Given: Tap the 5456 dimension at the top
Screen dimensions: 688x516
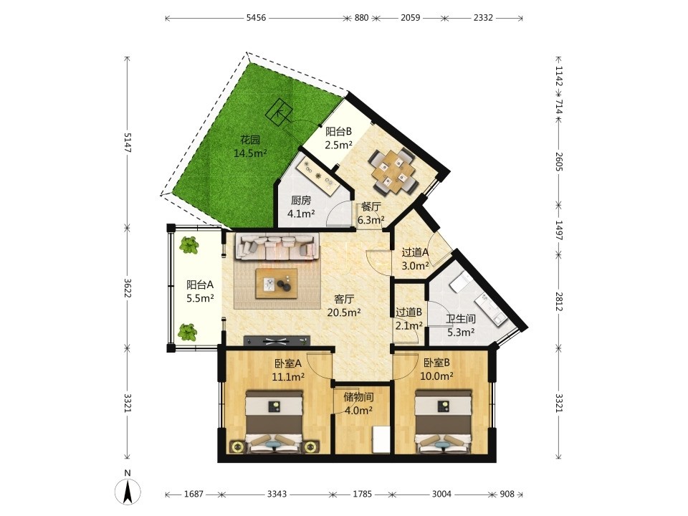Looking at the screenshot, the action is coord(256,18).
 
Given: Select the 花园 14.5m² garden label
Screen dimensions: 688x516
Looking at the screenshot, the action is coord(251,146).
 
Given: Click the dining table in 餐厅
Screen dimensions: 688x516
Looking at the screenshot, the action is coord(393,171).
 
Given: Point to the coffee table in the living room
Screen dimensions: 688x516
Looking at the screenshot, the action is coord(277,284).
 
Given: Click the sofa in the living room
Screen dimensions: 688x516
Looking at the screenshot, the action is coord(276,246).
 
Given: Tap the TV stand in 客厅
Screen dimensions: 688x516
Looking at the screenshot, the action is coord(277,340).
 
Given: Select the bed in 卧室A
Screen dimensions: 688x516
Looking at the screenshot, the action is coord(274,421).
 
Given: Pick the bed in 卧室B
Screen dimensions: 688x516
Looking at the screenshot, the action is coord(444,421).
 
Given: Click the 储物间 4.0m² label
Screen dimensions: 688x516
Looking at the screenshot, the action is coord(358,403).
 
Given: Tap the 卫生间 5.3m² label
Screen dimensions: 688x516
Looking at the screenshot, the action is coord(461,325).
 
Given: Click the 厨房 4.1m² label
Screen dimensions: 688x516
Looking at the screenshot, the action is coord(301,207).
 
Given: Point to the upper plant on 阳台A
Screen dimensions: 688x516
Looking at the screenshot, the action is coord(188,245).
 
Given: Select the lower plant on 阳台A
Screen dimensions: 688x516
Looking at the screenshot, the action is coord(187,332).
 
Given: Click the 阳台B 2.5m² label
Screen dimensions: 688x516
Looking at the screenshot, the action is coord(339,138).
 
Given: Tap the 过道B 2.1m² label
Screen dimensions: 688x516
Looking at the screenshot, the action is coord(409,318).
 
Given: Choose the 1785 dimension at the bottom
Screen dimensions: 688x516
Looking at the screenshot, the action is coord(363,494).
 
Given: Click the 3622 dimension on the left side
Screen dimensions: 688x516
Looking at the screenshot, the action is coord(128,288).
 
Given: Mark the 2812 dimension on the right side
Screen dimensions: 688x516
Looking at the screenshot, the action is coord(558,302).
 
